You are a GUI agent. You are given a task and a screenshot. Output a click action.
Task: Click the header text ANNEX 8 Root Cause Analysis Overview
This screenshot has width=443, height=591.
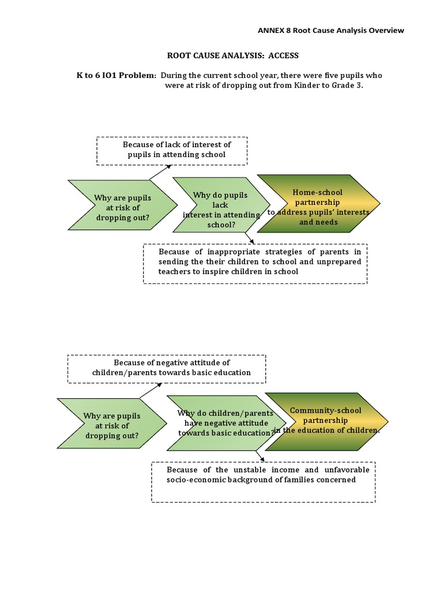point(331,31)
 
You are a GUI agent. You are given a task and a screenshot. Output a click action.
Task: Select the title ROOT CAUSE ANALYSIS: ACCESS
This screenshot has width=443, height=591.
point(234,56)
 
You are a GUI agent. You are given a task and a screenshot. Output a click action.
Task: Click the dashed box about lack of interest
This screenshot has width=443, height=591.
point(172,150)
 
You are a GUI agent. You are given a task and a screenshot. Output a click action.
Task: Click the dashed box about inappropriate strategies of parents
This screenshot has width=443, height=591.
point(255,263)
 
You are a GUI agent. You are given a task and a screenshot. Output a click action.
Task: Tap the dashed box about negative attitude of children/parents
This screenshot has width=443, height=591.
point(167,368)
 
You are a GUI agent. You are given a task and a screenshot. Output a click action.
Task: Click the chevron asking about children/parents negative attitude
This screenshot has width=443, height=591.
point(221,423)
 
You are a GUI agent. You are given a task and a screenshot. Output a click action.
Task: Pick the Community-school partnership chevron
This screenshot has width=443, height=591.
point(326,421)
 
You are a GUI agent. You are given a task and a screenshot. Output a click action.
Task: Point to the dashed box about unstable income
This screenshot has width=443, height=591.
point(263,481)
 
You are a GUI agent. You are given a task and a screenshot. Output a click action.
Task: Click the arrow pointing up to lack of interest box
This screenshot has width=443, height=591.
point(160,171)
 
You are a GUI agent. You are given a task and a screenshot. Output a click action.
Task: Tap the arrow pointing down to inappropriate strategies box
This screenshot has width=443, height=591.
point(249,238)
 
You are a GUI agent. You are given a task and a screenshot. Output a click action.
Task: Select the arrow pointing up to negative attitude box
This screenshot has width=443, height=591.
point(151,391)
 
